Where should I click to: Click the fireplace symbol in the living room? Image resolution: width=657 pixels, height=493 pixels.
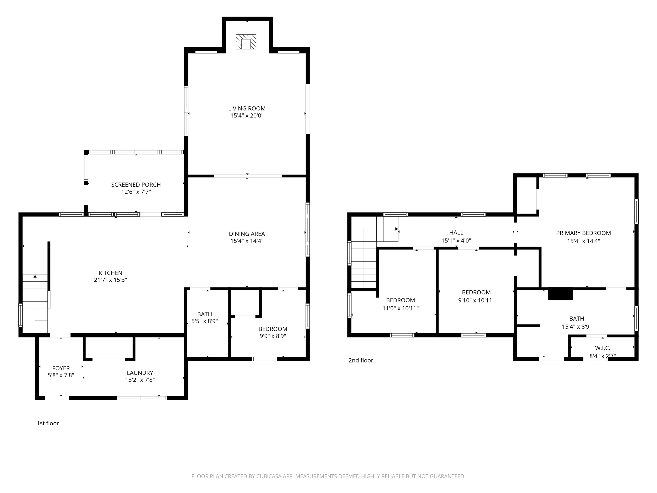(x=246, y=42)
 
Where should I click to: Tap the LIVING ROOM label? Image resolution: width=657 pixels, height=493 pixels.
(x=247, y=108)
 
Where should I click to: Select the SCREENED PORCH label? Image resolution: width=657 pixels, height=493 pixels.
(x=136, y=184)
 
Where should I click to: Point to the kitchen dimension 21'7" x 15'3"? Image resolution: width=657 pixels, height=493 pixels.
(x=111, y=280)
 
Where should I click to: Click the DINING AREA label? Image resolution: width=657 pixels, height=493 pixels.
(x=247, y=234)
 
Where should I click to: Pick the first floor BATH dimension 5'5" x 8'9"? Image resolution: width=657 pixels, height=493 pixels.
(x=205, y=321)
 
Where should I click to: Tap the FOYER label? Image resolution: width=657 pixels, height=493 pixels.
(x=61, y=368)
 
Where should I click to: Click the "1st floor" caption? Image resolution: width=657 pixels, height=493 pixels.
(x=48, y=423)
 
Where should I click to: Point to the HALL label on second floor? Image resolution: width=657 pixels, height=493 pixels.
(x=456, y=233)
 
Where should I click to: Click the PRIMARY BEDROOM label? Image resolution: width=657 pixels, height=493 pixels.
(x=583, y=233)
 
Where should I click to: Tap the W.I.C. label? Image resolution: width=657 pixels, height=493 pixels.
(x=603, y=348)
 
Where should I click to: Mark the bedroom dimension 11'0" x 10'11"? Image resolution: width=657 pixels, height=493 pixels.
(x=400, y=308)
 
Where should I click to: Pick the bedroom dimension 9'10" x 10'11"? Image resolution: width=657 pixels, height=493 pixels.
(x=476, y=300)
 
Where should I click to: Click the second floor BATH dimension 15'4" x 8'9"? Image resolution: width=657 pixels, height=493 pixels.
(x=577, y=327)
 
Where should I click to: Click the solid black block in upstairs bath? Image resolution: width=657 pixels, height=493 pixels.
(x=560, y=294)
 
